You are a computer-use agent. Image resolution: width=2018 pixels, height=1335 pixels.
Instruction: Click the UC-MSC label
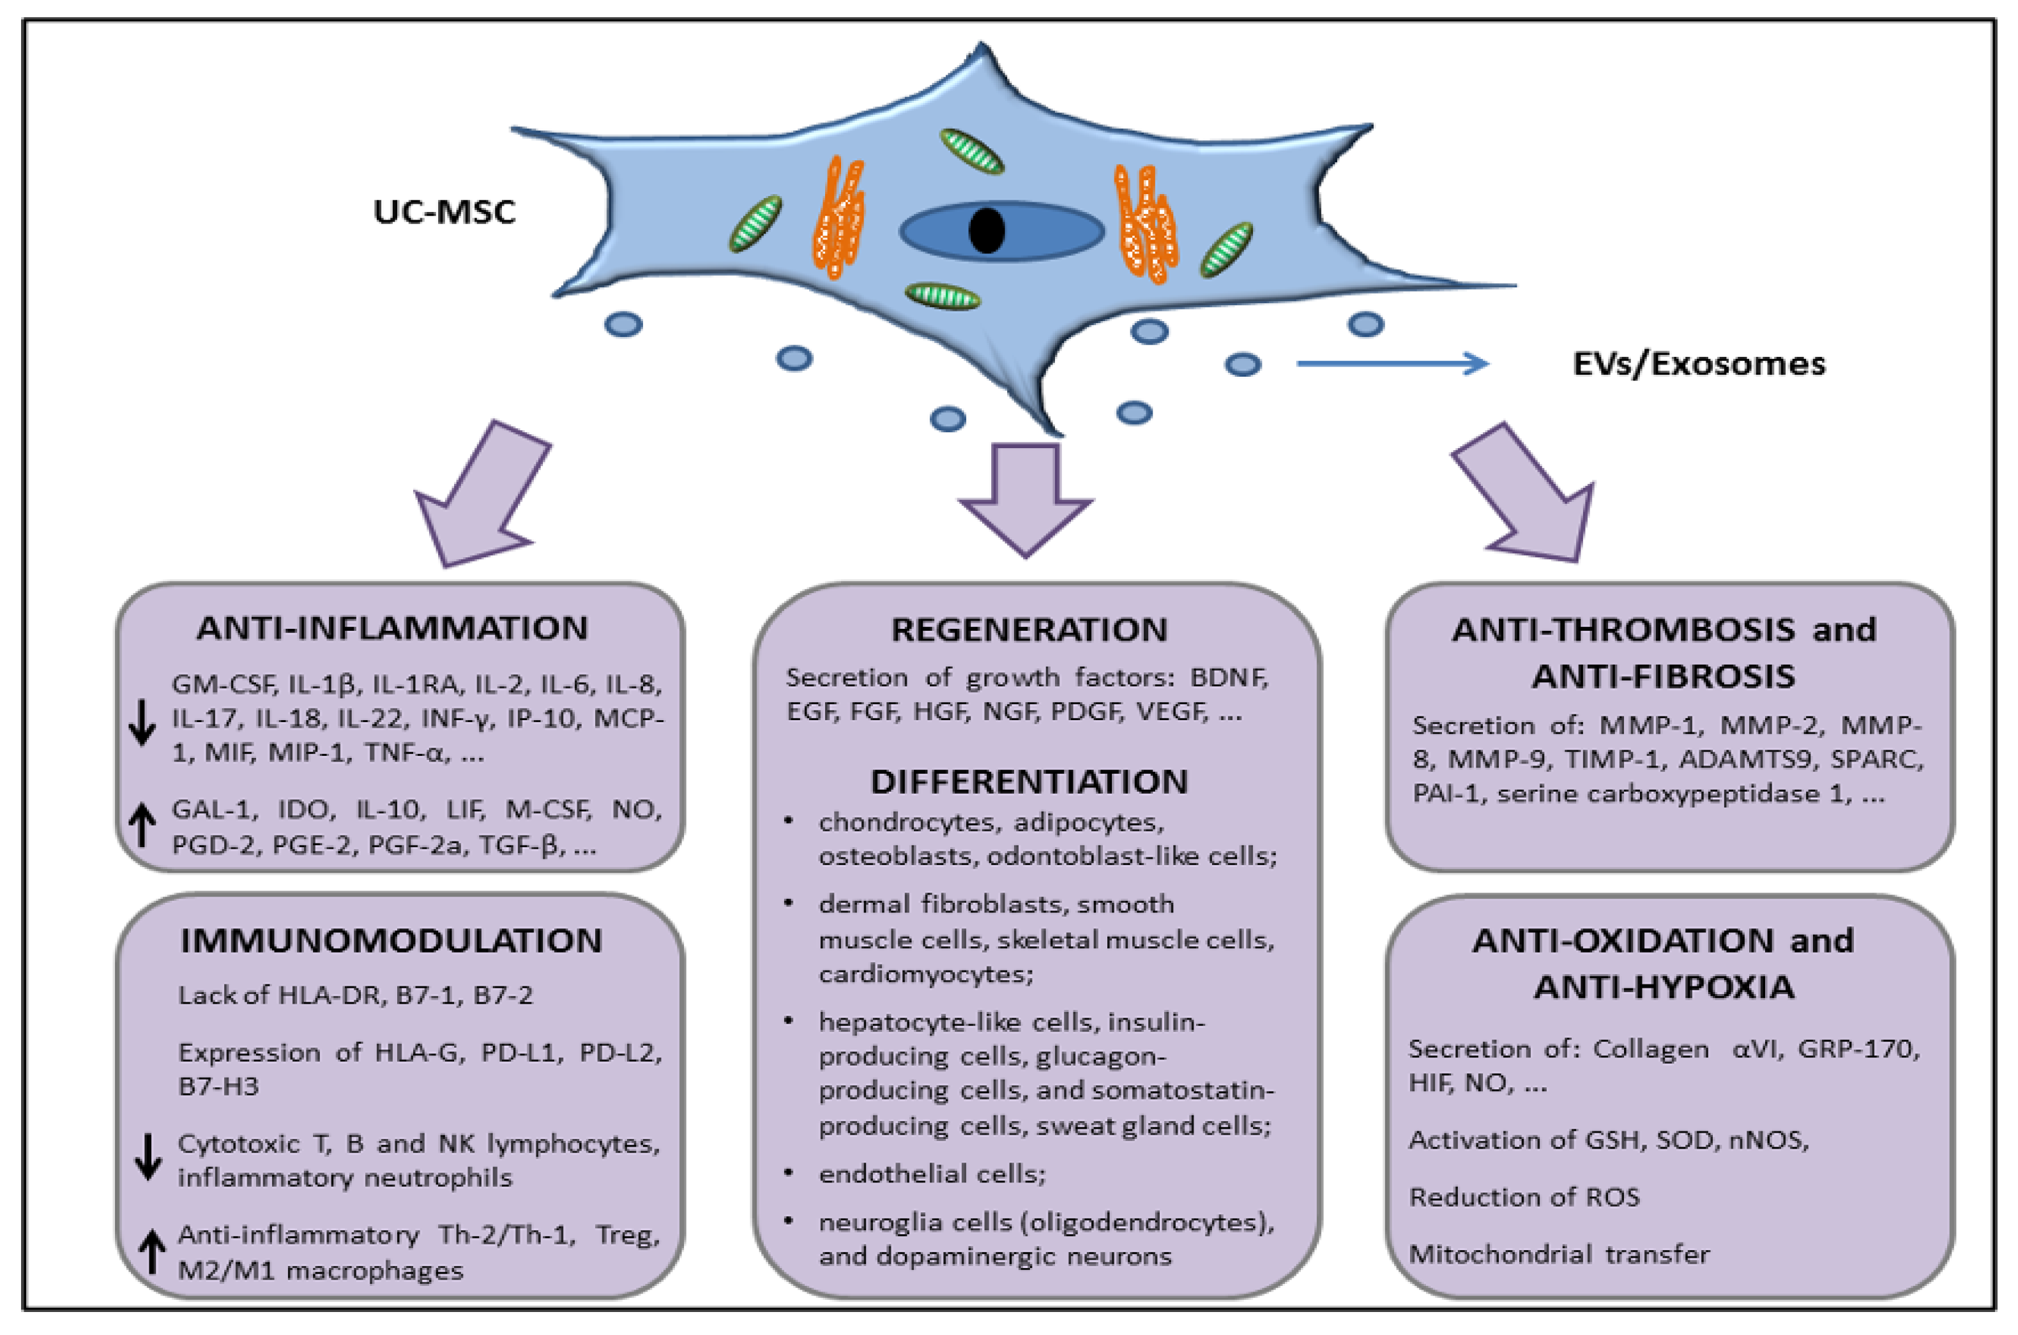coord(444,212)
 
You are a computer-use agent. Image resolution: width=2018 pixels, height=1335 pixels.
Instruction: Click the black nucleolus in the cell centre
coord(987,230)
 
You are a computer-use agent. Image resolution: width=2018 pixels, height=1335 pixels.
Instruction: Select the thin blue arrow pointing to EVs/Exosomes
coord(1392,363)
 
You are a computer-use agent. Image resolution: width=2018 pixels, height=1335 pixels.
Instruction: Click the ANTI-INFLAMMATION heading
coord(393,628)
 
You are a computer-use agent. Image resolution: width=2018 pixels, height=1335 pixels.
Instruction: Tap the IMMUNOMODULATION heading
coord(391,941)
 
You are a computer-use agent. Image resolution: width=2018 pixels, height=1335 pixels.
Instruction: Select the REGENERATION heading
coord(1029,630)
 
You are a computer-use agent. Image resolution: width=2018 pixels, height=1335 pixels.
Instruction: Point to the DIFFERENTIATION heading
coord(1029,781)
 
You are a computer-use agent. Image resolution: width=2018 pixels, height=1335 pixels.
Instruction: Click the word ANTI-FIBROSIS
coord(1664,677)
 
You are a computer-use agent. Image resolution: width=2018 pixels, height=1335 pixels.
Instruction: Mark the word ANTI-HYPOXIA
coord(1664,988)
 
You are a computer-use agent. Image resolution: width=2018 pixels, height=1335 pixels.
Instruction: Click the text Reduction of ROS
coord(1524,1197)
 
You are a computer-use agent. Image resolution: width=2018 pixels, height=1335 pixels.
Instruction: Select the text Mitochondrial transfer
coord(1559,1254)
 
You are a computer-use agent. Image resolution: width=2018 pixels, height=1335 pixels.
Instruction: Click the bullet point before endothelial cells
coord(789,1173)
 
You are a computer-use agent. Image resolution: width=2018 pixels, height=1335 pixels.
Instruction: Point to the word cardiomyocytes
coord(925,973)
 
